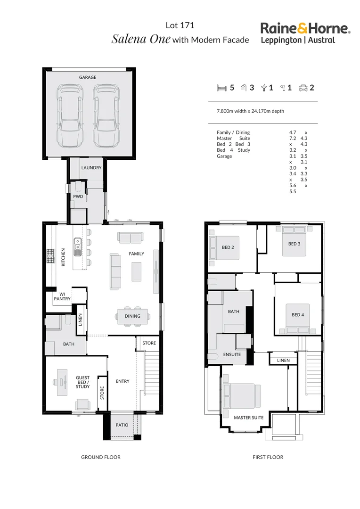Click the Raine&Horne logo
[x=305, y=33]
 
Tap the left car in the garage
[x=69, y=115]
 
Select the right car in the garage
[x=105, y=115]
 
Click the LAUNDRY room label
[x=91, y=168]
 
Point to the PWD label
[x=78, y=196]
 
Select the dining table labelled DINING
[x=132, y=316]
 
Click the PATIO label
[x=122, y=425]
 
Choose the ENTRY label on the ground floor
[x=123, y=381]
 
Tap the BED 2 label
[x=228, y=247]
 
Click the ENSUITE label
[x=232, y=354]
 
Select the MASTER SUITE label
[x=249, y=418]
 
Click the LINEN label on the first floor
[x=284, y=361]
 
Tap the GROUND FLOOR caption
[x=100, y=457]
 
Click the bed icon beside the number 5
[x=221, y=88]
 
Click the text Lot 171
[x=180, y=26]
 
